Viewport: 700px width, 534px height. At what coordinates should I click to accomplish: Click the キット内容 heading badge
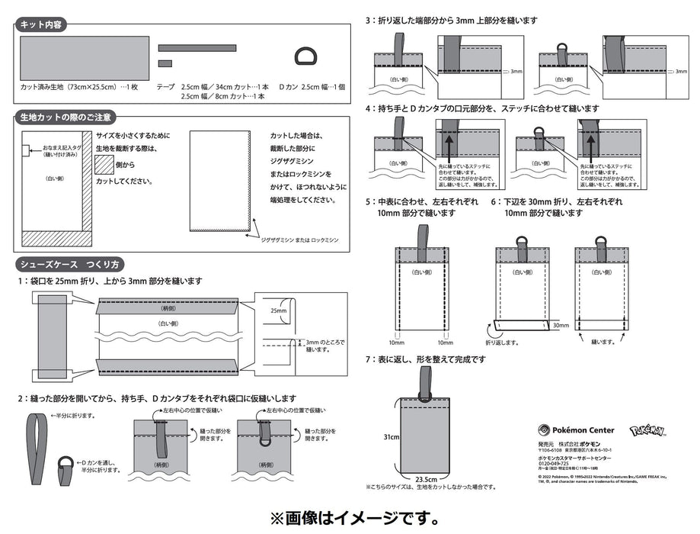42,24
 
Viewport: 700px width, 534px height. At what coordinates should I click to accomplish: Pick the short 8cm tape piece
165,63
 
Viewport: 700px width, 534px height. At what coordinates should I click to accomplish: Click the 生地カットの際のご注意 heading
66,117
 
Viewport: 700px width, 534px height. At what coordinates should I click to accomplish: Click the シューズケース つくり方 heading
69,264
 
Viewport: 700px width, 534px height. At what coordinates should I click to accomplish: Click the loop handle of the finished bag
424,381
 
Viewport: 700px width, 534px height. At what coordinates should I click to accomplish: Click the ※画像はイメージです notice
350,518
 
